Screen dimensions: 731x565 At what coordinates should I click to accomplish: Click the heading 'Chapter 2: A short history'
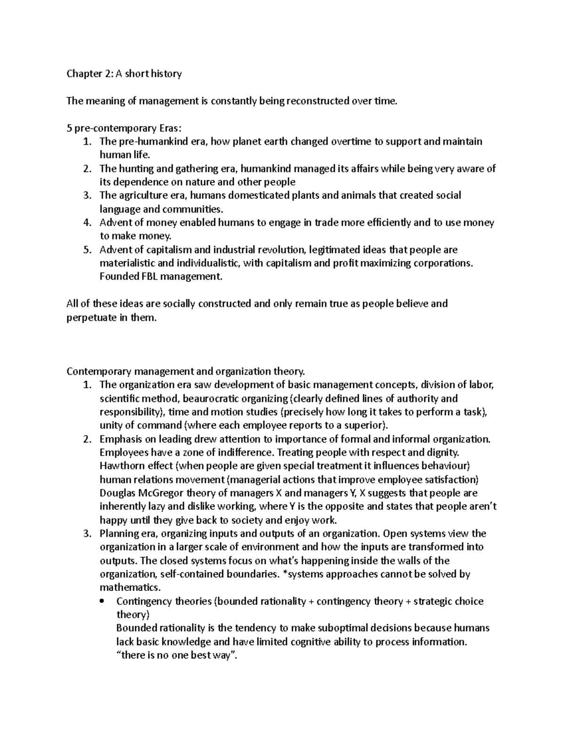[x=124, y=74]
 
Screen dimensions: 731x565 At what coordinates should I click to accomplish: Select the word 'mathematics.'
[x=130, y=587]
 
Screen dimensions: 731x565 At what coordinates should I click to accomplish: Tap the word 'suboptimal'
[x=343, y=628]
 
